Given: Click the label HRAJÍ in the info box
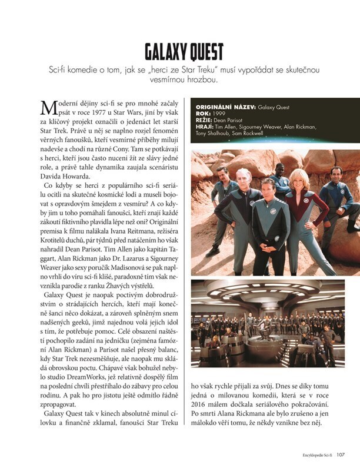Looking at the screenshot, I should coord(204,126).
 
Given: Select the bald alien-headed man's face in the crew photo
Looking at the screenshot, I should coord(242,177).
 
